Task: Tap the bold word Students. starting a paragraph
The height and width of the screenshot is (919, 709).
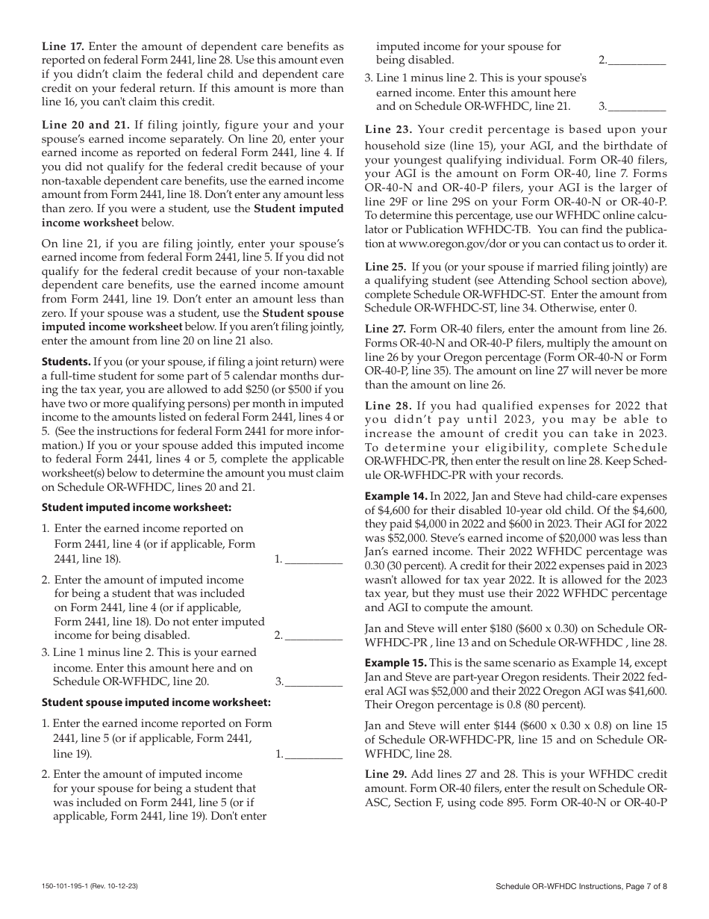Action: [65, 362]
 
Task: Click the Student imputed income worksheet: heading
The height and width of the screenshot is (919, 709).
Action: [137, 507]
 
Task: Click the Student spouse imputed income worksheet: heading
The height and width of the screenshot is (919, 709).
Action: [156, 702]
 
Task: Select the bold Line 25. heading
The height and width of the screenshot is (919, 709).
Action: [385, 266]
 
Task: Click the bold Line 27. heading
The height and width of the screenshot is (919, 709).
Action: [385, 329]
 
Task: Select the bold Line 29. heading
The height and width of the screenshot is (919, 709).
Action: [385, 774]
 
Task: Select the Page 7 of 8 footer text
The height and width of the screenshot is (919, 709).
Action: [644, 886]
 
